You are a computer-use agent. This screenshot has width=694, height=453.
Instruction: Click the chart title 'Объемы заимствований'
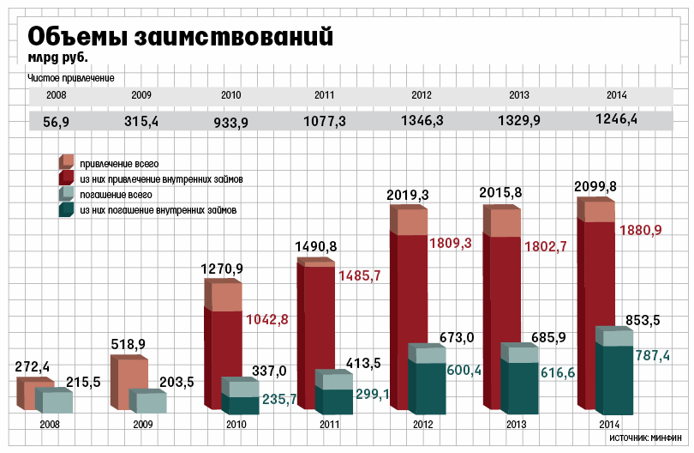(x=180, y=37)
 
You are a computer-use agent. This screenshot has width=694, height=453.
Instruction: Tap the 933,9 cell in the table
(x=230, y=123)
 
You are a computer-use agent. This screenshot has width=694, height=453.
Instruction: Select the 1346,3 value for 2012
(x=422, y=122)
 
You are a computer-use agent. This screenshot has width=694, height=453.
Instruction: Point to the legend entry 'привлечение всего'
(x=119, y=163)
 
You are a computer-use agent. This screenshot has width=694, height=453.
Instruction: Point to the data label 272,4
(x=33, y=366)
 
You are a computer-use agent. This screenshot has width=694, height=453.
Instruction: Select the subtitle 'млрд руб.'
(x=58, y=58)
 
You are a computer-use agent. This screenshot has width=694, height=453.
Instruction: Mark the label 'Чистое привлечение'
(x=71, y=78)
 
